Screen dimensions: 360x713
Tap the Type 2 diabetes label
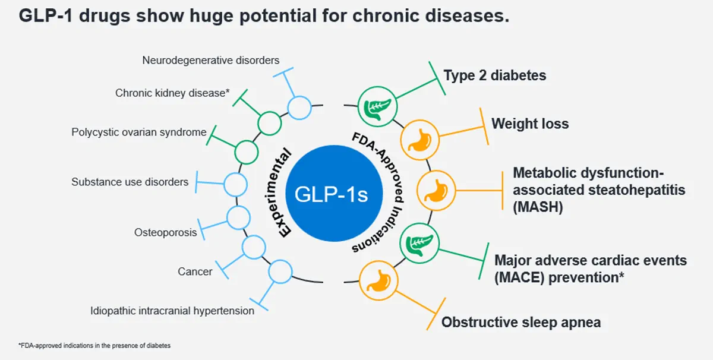pos(494,75)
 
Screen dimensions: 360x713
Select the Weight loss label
pos(529,124)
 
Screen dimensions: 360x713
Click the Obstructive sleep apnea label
pos(520,323)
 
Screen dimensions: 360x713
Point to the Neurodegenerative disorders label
pos(211,60)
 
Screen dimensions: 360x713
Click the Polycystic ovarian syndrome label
pos(139,132)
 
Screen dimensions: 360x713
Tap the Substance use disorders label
pos(130,182)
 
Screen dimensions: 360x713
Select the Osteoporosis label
pos(165,232)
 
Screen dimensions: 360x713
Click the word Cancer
pos(195,271)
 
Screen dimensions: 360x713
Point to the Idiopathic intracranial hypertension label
pos(172,311)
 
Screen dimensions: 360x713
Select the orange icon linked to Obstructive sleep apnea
pos(377,278)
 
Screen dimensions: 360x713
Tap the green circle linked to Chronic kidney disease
pos(269,124)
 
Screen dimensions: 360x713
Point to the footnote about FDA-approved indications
pos(94,345)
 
